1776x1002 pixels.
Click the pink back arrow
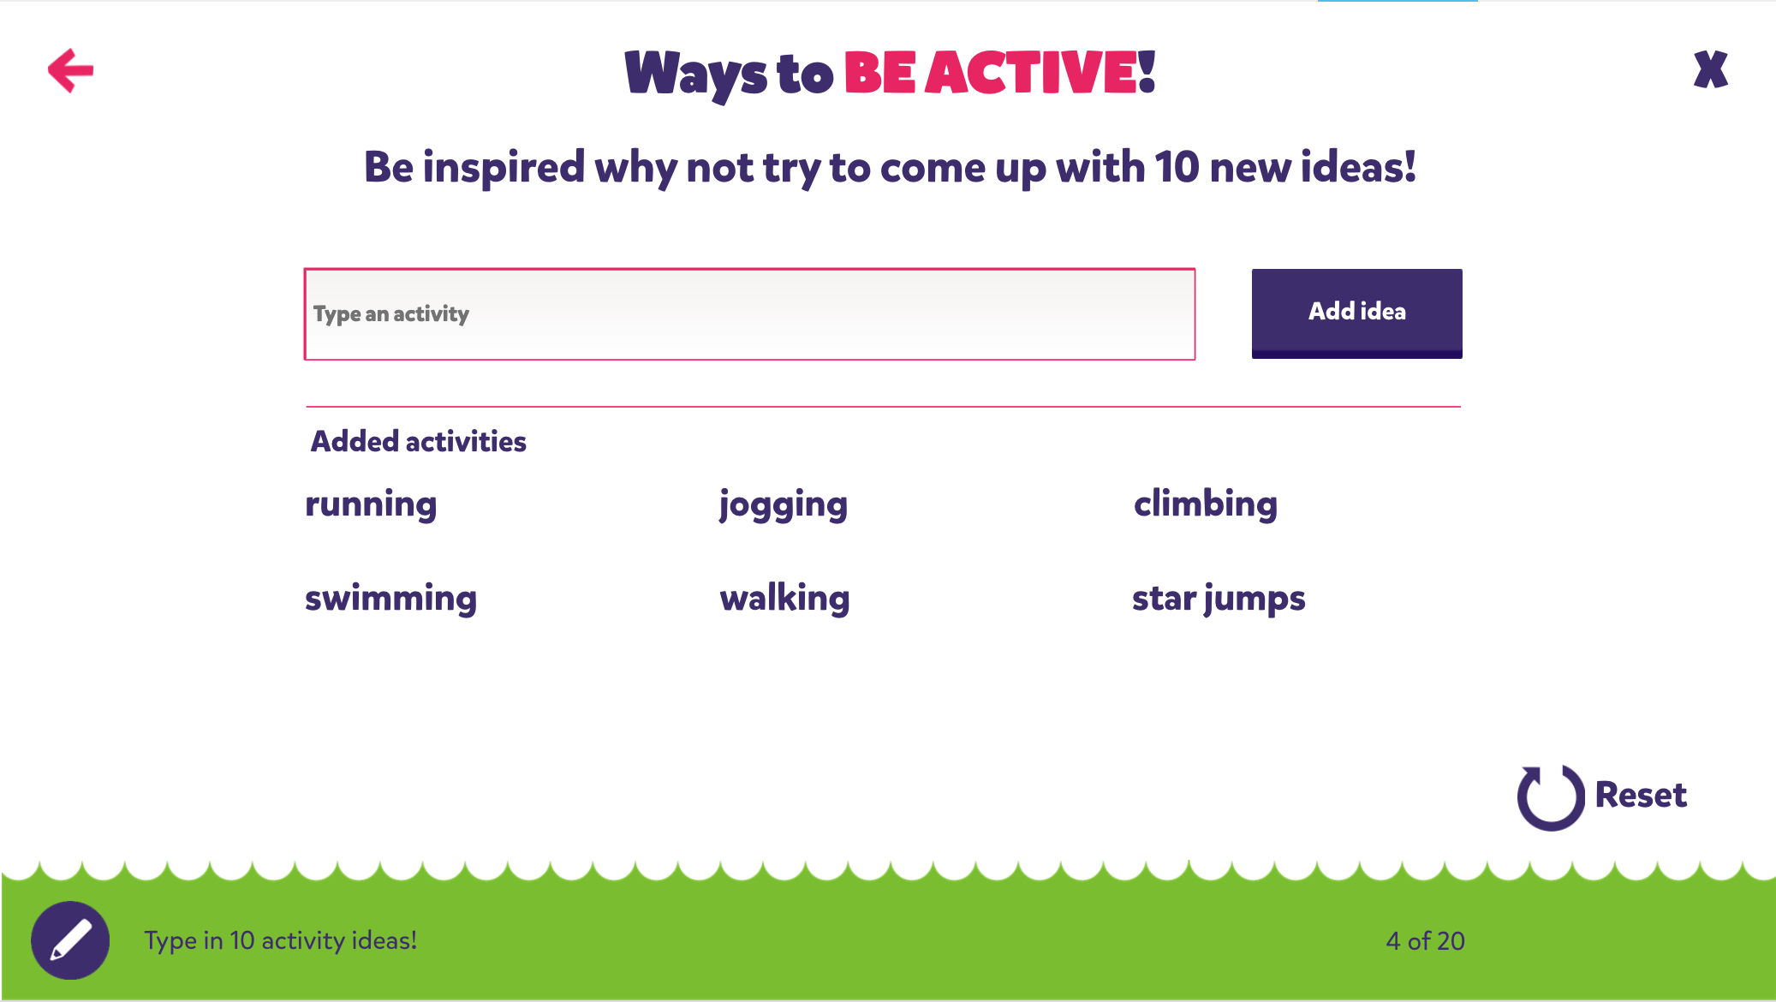[x=70, y=70]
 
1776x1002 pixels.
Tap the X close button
[x=1710, y=69]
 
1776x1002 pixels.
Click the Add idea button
[x=1356, y=313]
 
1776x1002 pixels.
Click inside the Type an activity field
[x=749, y=314]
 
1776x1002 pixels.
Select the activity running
[x=371, y=505]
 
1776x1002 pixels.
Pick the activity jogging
[x=784, y=505]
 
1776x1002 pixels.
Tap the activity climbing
[x=1206, y=504]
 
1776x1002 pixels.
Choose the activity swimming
[x=390, y=599]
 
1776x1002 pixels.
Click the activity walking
[x=784, y=599]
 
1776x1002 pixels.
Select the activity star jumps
[x=1219, y=599]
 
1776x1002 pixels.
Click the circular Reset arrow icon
[x=1551, y=796]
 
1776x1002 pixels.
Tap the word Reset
[x=1641, y=796]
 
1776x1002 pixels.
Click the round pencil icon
[x=70, y=940]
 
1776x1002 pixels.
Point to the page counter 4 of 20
[x=1425, y=941]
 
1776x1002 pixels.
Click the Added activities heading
[x=418, y=442]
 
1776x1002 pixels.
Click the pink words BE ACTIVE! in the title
[x=1000, y=72]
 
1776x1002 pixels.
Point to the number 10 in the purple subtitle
[x=1177, y=166]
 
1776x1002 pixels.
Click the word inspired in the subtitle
[x=504, y=168]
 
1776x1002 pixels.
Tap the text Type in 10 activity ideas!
[x=281, y=941]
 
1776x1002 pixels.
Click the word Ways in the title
[x=696, y=75]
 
